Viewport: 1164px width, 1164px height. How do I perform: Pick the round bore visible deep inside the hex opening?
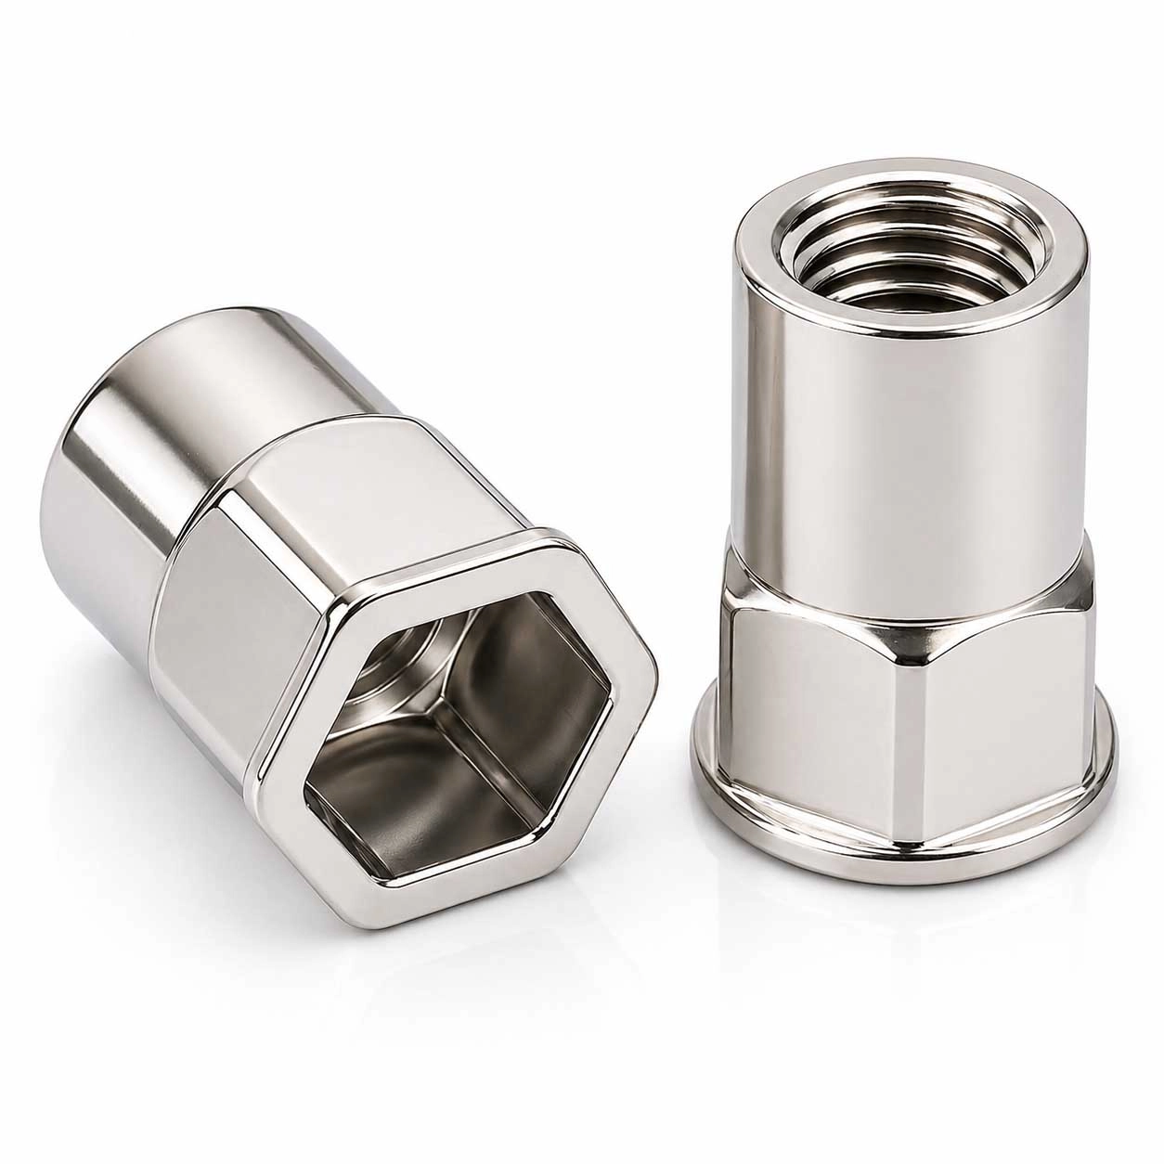[x=408, y=668]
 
